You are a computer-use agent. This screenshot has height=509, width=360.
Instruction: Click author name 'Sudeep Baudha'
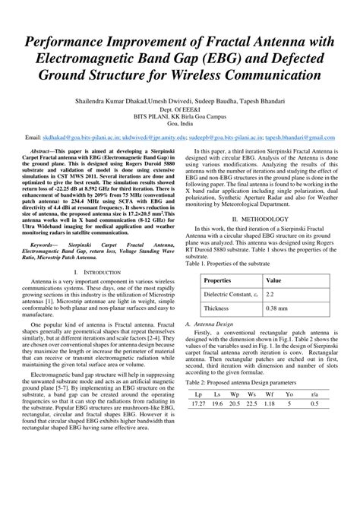(x=213, y=100)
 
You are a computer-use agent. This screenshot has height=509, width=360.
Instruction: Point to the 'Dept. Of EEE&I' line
(x=179, y=109)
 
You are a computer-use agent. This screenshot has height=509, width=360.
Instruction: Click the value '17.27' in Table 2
(x=198, y=425)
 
